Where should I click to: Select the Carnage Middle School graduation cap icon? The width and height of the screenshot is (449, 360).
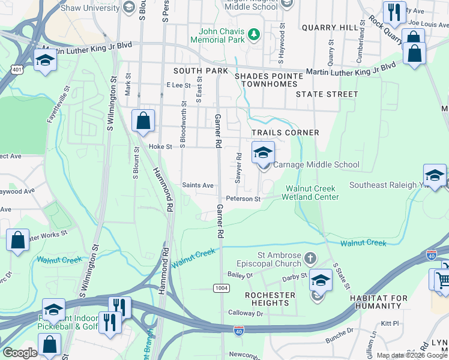pos(262,154)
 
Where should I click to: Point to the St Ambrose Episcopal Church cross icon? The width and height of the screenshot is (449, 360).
pos(310,259)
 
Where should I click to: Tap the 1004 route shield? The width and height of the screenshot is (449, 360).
pos(221,289)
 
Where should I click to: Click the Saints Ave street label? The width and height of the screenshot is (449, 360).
pos(197,185)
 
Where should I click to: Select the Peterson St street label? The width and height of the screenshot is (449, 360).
pos(243,199)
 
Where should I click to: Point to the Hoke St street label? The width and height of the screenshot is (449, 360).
pos(160,146)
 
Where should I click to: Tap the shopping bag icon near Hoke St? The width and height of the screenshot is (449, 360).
pos(143,121)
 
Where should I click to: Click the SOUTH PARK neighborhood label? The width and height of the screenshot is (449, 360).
pos(200,71)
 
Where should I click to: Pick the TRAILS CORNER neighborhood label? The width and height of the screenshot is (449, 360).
pos(285,132)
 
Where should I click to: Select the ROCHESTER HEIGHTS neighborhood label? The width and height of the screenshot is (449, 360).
pos(270,299)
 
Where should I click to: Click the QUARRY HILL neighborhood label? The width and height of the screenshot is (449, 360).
pos(330,28)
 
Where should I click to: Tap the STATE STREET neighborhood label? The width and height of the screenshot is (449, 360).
pos(327,94)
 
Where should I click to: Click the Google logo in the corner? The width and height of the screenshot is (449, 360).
pos(20,353)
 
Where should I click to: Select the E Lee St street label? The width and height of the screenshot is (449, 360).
pos(178,86)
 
